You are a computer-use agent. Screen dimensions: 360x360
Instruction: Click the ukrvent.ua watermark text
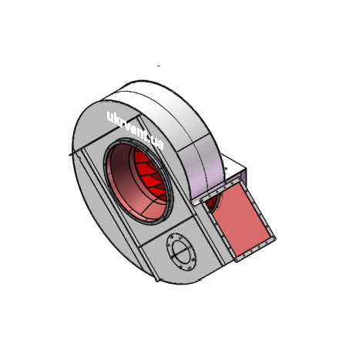[135, 130]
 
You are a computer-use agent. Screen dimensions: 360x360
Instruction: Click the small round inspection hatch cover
[181, 252]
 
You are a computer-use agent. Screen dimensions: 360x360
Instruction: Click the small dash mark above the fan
[159, 66]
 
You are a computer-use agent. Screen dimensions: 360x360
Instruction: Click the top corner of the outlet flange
[240, 178]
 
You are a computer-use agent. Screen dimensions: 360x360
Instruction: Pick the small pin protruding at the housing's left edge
[70, 155]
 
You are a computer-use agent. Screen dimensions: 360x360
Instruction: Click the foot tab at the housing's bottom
[157, 279]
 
